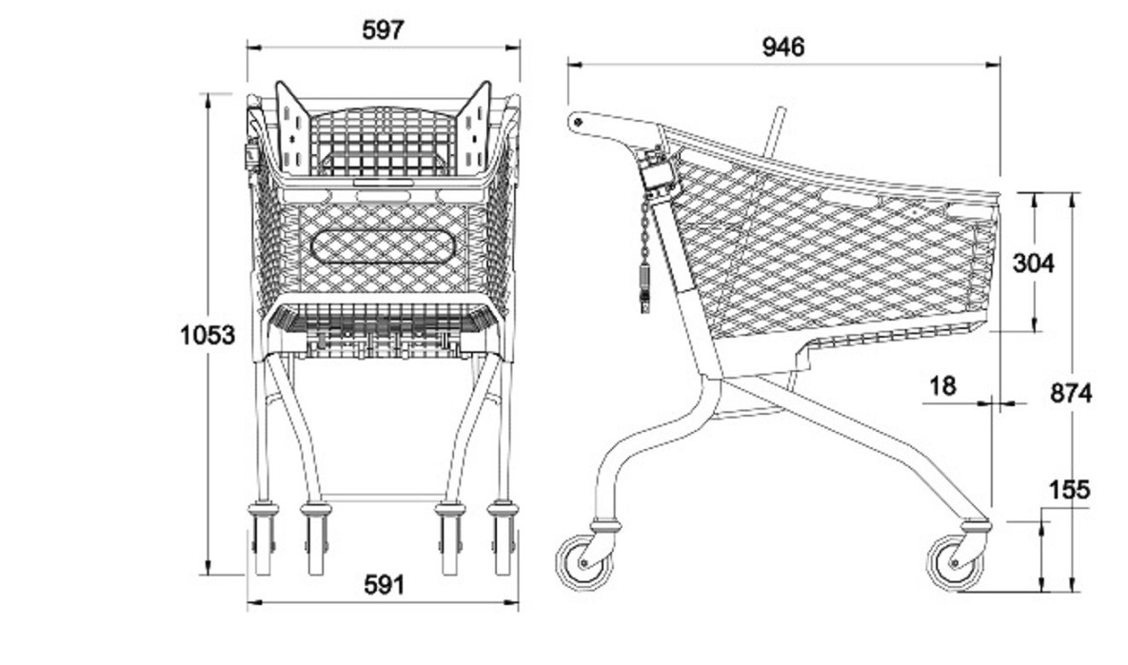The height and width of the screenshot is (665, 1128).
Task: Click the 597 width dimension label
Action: [384, 29]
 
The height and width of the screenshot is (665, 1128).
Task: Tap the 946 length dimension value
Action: [783, 47]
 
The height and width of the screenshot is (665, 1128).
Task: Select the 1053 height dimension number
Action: [208, 334]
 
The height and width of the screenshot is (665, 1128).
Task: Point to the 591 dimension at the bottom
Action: [385, 585]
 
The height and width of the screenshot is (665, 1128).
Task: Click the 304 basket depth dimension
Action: [1034, 264]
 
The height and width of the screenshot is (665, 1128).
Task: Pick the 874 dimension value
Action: [1071, 393]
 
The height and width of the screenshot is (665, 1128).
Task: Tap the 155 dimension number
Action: [1070, 490]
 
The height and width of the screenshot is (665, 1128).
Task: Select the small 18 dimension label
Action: [943, 386]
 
